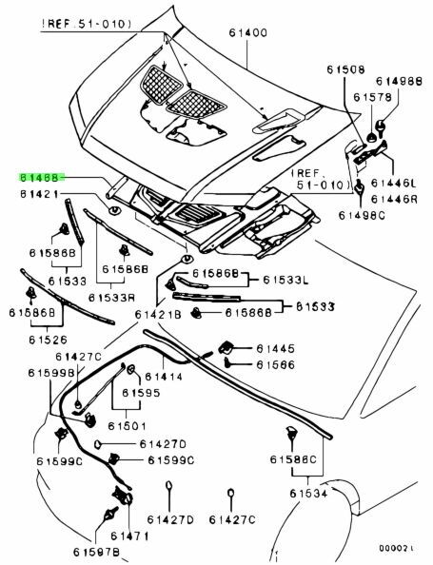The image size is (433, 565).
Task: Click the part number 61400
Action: (x=248, y=33)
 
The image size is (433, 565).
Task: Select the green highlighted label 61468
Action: (x=42, y=177)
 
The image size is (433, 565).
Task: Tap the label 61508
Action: (x=346, y=69)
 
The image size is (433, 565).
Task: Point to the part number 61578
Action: (x=372, y=97)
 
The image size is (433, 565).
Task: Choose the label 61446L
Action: (x=393, y=184)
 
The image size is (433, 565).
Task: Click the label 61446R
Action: (x=394, y=199)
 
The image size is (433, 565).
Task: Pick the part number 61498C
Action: (x=362, y=215)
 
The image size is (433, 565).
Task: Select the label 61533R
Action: (x=111, y=298)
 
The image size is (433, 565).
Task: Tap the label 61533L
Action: (x=285, y=280)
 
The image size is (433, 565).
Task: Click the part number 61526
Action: (x=48, y=340)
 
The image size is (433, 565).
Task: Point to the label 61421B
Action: (x=158, y=315)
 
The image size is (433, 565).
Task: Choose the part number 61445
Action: (x=275, y=348)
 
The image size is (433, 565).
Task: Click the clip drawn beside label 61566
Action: (x=227, y=362)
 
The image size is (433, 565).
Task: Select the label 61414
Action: (x=164, y=377)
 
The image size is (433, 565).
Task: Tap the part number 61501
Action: (x=128, y=426)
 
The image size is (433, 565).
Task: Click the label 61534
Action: (x=309, y=494)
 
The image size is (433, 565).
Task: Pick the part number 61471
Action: (x=129, y=536)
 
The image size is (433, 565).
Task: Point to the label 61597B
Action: (x=96, y=552)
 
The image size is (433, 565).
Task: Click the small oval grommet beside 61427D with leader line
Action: (x=97, y=444)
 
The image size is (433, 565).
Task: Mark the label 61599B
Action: (x=51, y=373)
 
